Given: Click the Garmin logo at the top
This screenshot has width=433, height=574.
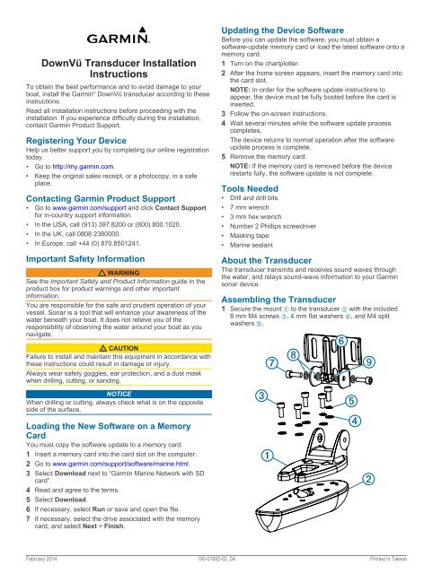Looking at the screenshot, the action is click(119, 36).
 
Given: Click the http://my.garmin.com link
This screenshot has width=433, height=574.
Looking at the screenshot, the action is click(84, 167).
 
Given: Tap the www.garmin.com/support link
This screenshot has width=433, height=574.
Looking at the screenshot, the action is click(89, 208).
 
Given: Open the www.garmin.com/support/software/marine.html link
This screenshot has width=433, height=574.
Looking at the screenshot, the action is click(121, 464).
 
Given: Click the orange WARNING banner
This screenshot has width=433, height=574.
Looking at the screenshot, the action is click(119, 273).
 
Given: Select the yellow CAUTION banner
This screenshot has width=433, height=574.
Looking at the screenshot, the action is click(119, 348).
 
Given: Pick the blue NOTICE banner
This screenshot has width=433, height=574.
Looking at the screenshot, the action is click(119, 394).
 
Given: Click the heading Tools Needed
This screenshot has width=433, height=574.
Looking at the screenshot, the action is click(250, 189).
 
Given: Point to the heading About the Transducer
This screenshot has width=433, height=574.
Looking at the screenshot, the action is click(267, 261).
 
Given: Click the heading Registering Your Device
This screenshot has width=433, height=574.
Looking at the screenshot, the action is click(76, 141).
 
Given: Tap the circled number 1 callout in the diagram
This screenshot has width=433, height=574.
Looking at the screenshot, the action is click(268, 456).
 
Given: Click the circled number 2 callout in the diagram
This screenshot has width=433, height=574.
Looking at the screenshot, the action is click(368, 479).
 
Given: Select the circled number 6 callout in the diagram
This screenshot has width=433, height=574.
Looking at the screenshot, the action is click(341, 341).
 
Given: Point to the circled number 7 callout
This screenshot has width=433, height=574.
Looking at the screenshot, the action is click(271, 362).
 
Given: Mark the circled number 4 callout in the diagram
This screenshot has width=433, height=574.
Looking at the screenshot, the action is click(355, 421).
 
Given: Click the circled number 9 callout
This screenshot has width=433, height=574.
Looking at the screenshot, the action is click(369, 362).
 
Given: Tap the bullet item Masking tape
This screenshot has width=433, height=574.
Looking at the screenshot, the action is click(250, 235).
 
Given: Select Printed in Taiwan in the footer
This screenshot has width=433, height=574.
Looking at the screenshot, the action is click(388, 559).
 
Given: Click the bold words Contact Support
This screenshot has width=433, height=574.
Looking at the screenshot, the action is click(181, 208).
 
